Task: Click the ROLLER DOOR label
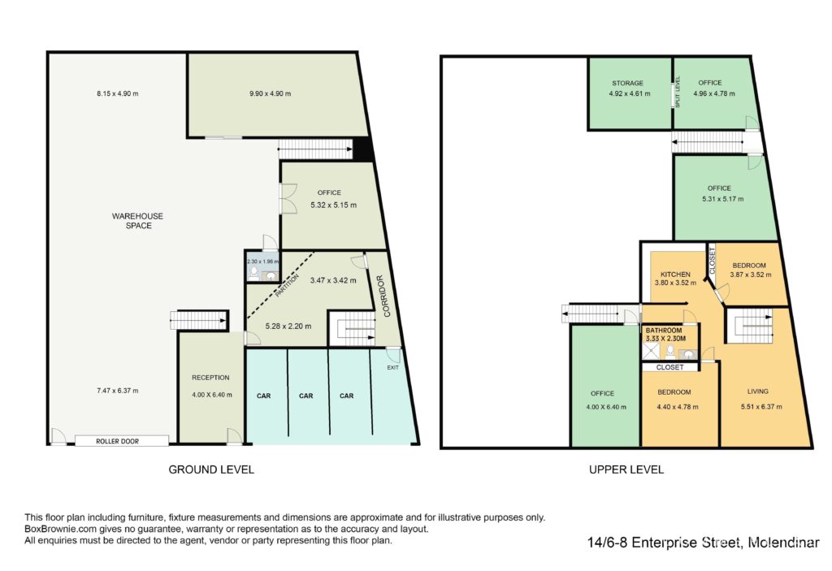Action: coord(117,441)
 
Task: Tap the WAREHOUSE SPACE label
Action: coord(138,221)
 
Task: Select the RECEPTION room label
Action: coord(210,378)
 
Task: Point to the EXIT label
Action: coord(392,367)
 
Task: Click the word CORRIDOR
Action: coord(383,296)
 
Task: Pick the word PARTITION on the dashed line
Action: coord(287,285)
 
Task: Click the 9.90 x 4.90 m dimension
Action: coord(270,94)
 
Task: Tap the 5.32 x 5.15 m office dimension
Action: coord(333,205)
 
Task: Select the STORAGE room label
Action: coord(628,84)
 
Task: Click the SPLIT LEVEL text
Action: coord(678,92)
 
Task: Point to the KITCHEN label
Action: coord(675,275)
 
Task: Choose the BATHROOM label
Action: coord(664,330)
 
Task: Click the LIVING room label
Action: coord(758,391)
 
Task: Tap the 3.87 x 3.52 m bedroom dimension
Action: coord(751,275)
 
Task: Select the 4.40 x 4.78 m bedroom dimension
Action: coord(678,407)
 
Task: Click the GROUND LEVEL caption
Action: coord(211,469)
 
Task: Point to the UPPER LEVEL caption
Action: coord(626,469)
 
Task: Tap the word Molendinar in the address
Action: coord(783,543)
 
